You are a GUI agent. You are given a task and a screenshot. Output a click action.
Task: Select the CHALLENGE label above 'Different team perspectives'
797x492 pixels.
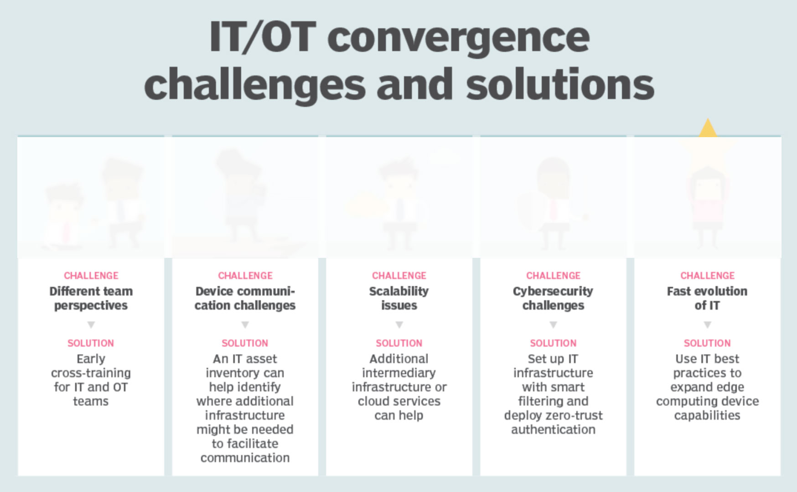(x=91, y=276)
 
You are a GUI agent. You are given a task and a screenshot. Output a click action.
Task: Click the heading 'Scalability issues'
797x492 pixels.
(x=399, y=298)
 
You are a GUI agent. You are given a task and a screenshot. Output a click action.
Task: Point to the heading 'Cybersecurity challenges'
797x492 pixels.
(x=553, y=298)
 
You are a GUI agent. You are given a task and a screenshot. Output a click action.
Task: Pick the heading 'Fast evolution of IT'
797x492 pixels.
(x=707, y=298)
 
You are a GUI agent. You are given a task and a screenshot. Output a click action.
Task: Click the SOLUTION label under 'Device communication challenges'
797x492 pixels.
(x=245, y=343)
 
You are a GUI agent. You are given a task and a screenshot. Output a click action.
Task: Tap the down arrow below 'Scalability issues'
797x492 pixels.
(x=399, y=325)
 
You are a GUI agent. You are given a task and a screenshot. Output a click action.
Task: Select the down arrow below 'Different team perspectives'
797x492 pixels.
(x=91, y=325)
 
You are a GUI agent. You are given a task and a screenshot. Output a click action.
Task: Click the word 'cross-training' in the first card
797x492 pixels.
(x=91, y=373)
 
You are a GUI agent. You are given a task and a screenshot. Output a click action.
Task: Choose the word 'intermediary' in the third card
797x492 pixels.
(x=399, y=373)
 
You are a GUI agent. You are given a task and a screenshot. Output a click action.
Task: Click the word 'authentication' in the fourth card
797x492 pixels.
(x=553, y=430)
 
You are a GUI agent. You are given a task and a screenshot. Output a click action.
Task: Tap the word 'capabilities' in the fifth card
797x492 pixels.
(x=707, y=415)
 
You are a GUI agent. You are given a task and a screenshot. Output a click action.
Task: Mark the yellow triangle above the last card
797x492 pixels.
(x=708, y=128)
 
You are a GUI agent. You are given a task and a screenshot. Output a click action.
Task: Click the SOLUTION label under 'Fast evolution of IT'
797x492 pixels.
(x=707, y=343)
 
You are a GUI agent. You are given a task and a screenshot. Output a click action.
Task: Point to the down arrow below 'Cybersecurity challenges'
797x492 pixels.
(x=553, y=325)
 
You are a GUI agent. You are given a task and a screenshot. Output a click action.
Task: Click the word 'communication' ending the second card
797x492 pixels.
(x=245, y=458)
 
